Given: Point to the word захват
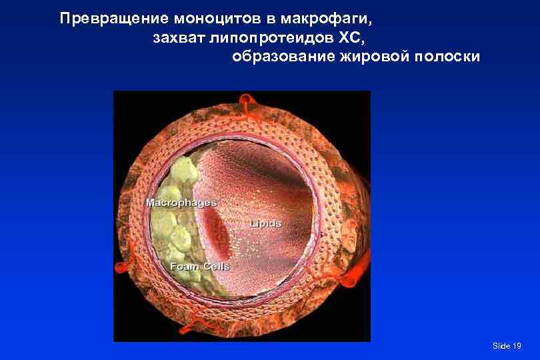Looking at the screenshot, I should [179, 37].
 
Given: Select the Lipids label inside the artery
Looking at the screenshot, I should [266, 223].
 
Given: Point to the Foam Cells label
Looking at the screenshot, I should [199, 267].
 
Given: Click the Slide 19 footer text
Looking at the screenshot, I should [507, 345].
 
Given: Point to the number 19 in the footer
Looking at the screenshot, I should [517, 345].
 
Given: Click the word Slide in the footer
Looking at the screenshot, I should [501, 345].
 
